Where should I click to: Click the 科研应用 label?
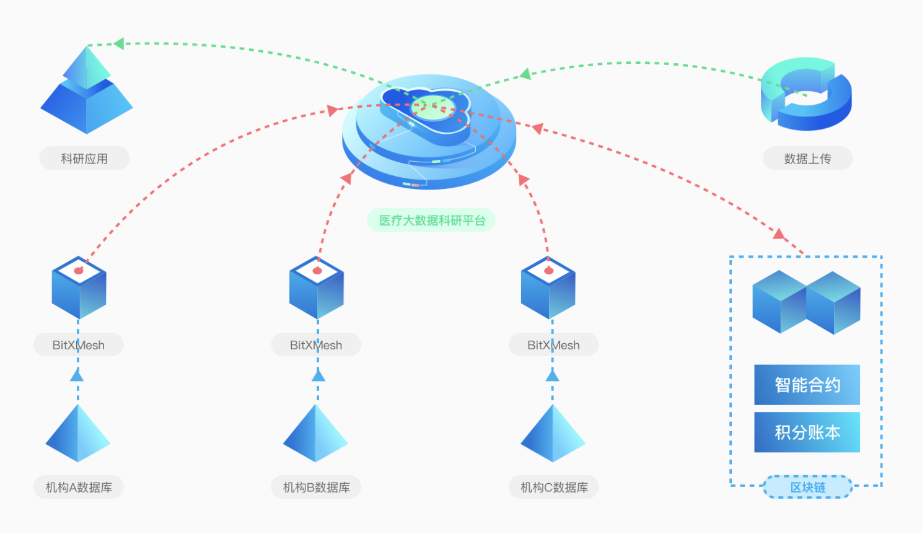point(84,159)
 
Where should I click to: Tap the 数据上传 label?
point(807,159)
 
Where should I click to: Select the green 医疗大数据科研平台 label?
point(432,221)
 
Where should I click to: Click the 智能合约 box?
point(807,385)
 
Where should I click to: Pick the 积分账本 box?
point(807,432)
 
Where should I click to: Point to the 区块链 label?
point(807,488)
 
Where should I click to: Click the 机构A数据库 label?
point(79,488)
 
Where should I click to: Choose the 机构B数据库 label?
point(316,488)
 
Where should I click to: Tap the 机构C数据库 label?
point(554,488)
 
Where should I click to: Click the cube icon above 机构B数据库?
point(317,288)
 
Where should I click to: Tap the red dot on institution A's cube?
point(79,271)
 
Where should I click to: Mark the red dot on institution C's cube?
point(548,271)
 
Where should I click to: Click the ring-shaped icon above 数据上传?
point(806,94)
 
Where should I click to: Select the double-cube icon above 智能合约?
point(806,302)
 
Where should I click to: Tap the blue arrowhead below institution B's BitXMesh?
point(318,375)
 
